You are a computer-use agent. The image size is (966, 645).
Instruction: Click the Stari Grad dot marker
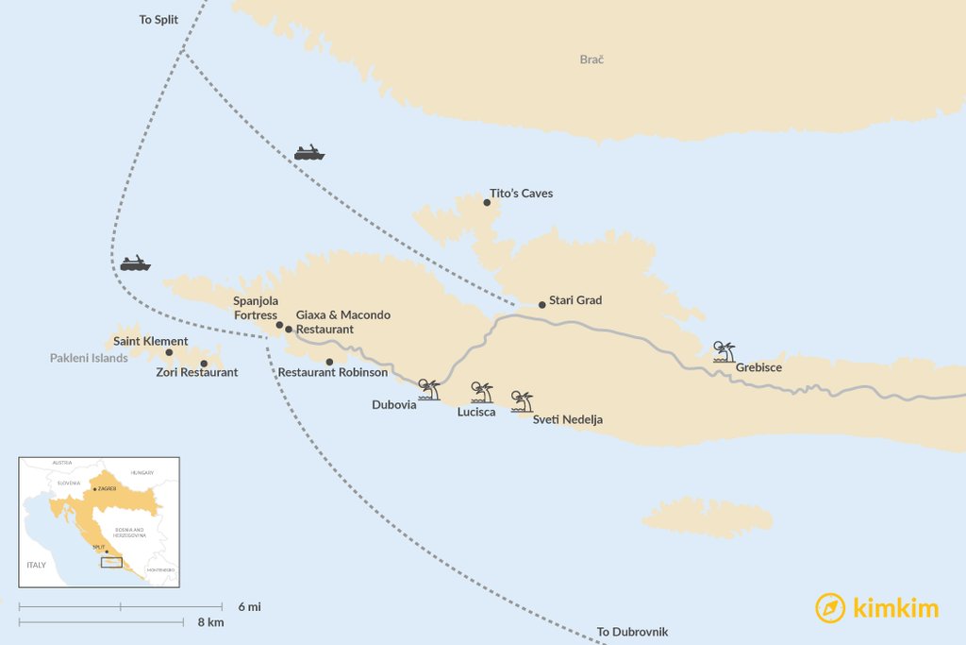click(x=541, y=305)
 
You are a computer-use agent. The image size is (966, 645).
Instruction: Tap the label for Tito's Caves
click(x=521, y=194)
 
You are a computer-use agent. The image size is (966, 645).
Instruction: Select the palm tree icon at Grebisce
click(x=724, y=353)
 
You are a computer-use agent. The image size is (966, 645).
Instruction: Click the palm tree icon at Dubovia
click(x=429, y=390)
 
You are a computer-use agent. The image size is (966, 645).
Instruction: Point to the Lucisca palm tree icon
click(x=482, y=393)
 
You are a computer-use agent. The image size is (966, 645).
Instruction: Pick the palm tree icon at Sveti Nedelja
click(x=522, y=401)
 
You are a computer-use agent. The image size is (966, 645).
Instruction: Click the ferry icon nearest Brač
click(x=309, y=152)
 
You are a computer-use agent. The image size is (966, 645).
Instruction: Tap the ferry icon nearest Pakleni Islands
click(x=135, y=263)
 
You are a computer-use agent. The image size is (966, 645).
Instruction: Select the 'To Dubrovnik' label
click(x=632, y=632)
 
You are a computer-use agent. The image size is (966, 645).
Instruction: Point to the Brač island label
click(x=591, y=59)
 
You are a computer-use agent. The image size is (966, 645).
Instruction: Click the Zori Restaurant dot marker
click(x=204, y=364)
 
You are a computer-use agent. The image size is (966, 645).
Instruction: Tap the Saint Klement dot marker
click(x=169, y=353)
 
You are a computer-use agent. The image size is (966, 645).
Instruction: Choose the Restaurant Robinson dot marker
click(x=329, y=362)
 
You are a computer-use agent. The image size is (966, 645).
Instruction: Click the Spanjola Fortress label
click(x=256, y=308)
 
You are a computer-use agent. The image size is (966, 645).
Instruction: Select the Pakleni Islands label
click(x=89, y=359)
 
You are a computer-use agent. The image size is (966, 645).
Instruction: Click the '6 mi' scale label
click(x=249, y=606)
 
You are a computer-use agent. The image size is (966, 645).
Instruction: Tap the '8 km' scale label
click(x=211, y=622)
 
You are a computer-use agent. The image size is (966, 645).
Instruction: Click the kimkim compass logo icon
click(x=830, y=608)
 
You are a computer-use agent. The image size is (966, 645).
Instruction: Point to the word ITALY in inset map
click(x=36, y=564)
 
